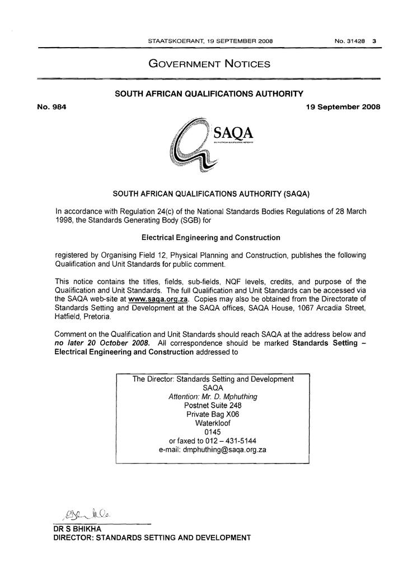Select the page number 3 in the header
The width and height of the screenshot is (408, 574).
374,41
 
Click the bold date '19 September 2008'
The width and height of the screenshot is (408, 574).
343,107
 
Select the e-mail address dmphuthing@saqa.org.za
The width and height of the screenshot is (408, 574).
212,450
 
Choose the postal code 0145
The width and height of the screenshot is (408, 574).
212,432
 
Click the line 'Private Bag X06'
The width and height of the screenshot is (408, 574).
212,414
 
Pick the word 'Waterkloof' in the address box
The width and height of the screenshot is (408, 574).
212,423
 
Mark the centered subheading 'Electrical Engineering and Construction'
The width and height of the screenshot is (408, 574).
211,238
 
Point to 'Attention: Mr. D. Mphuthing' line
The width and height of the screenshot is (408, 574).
213,396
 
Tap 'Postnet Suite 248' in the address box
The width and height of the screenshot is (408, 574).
213,405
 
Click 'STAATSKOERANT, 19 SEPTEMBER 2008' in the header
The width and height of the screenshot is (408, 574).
210,41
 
